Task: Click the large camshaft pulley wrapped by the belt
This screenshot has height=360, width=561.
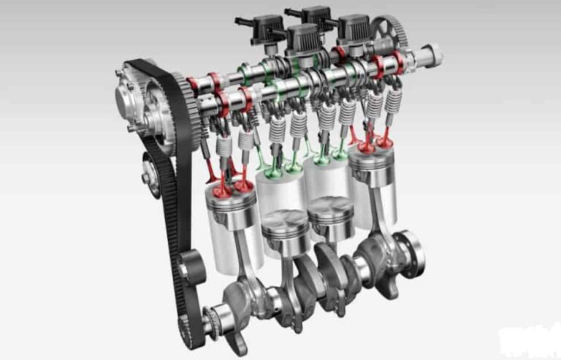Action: pos(146,102)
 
